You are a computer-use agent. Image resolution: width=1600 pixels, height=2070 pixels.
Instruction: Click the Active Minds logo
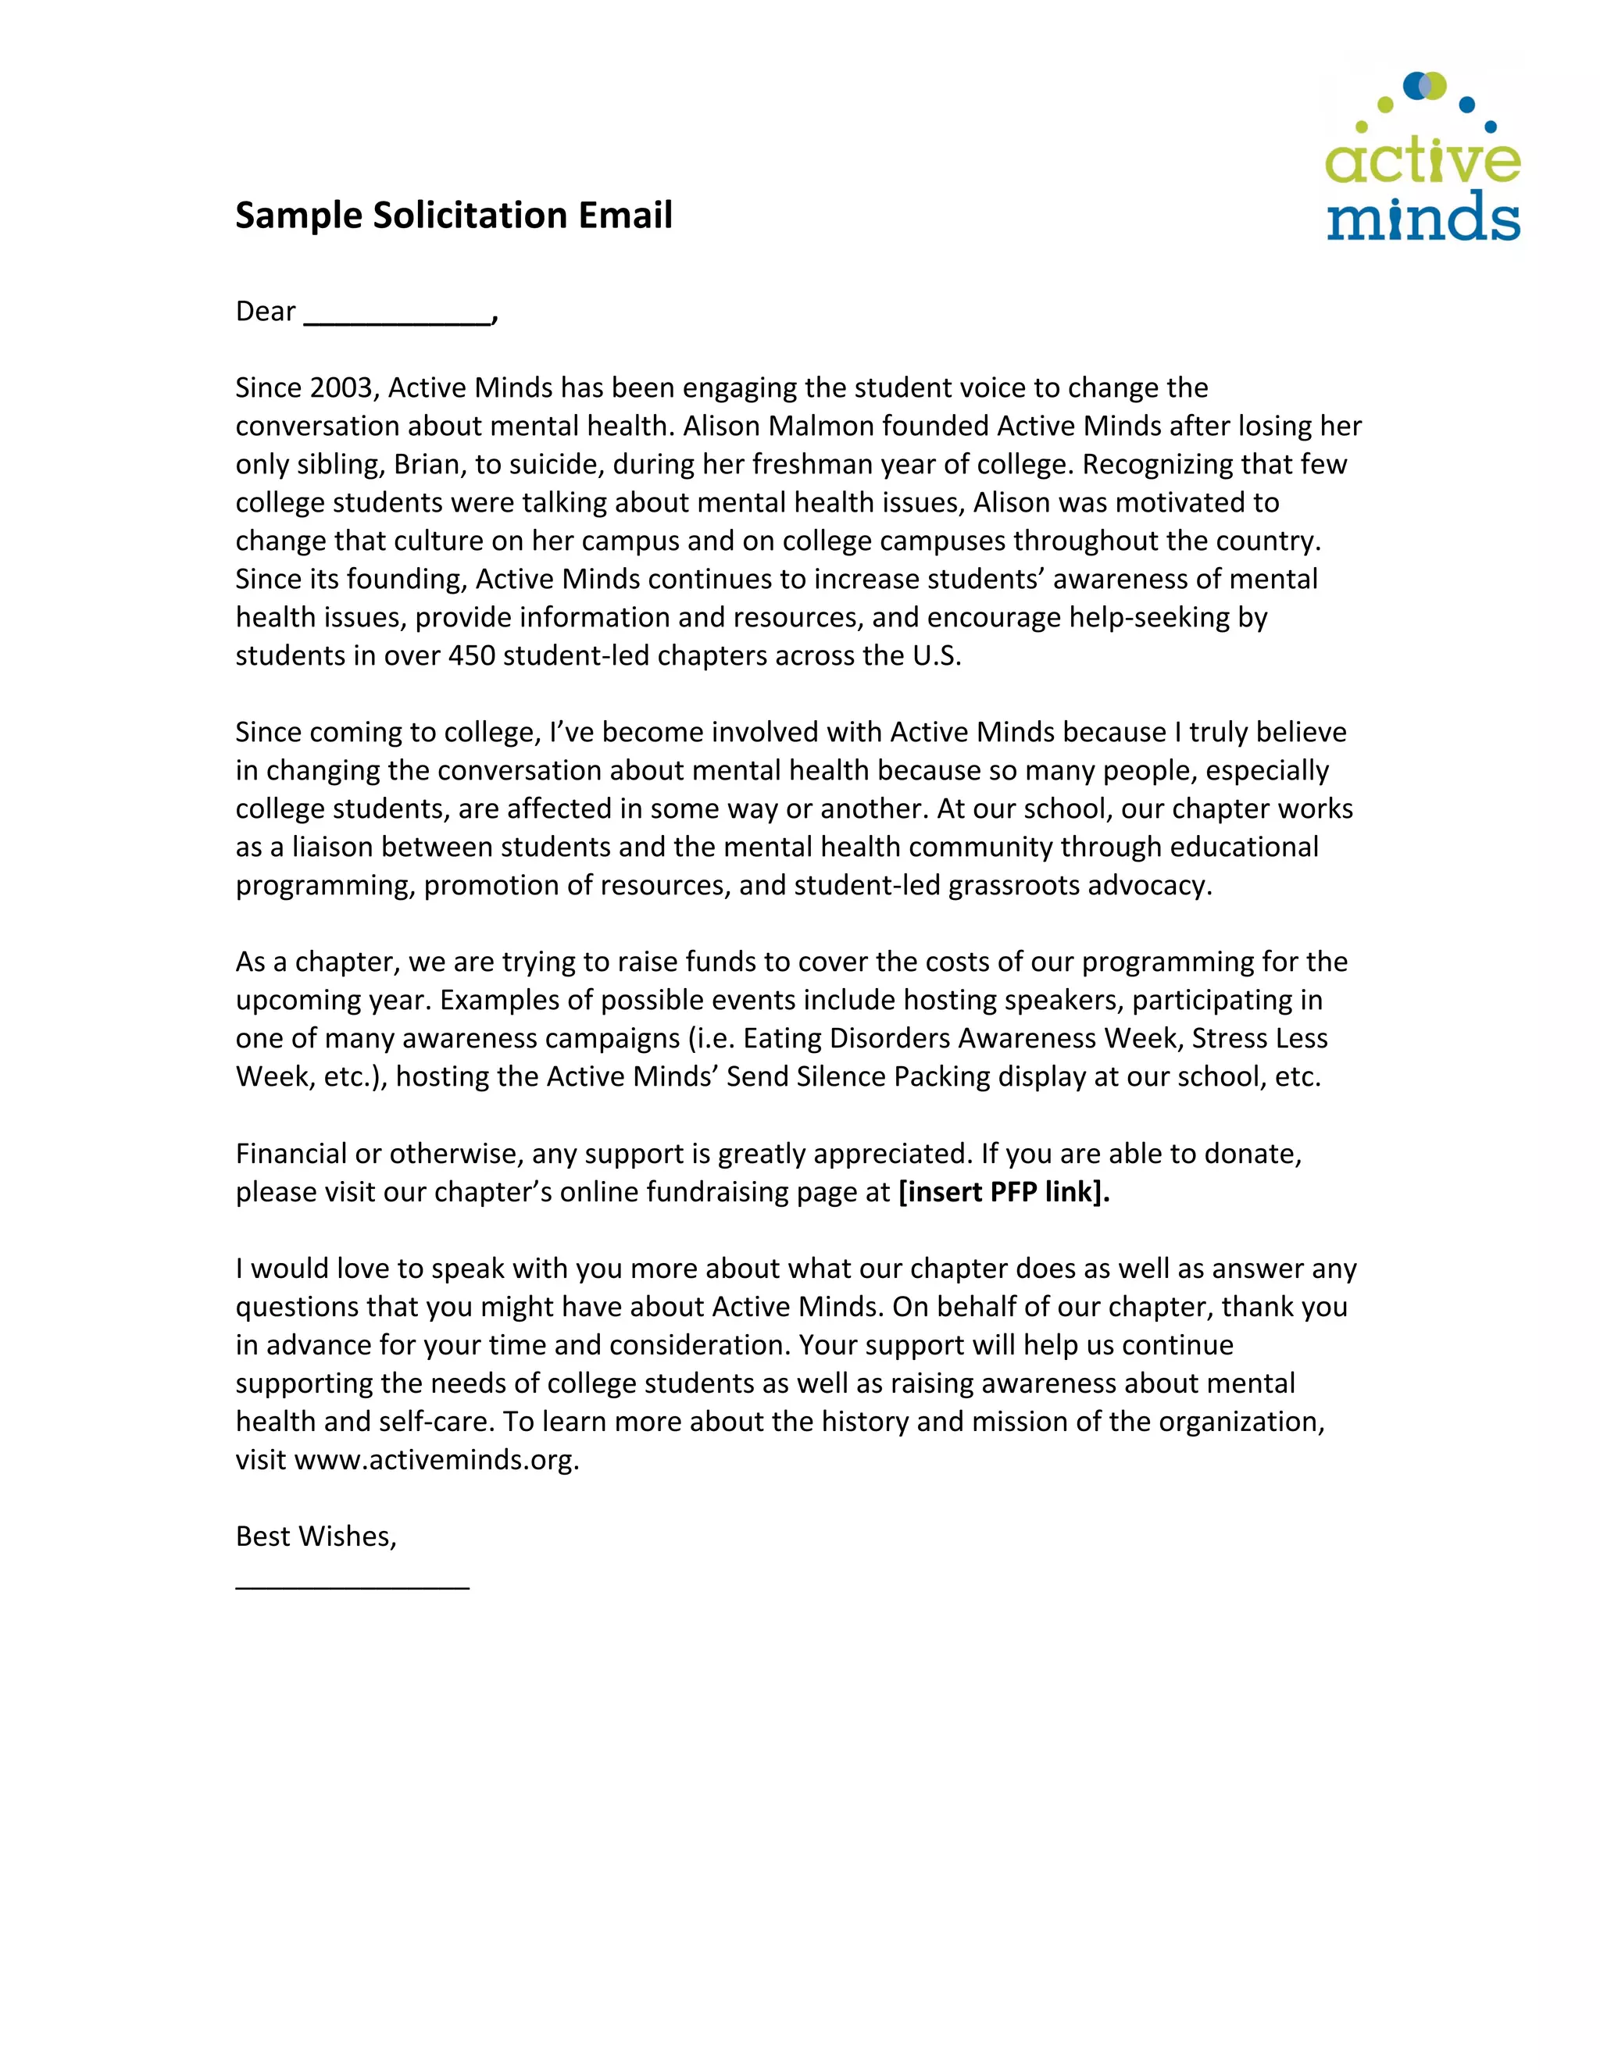click(x=1422, y=161)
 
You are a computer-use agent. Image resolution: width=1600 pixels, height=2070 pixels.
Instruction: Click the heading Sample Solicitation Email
click(x=453, y=215)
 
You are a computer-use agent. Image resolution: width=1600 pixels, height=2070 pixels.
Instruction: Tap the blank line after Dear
click(x=398, y=316)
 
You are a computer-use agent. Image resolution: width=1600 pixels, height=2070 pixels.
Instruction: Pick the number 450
click(x=471, y=656)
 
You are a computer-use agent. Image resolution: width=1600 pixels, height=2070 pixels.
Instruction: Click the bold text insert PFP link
click(x=1003, y=1191)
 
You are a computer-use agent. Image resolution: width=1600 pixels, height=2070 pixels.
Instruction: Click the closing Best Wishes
click(x=316, y=1536)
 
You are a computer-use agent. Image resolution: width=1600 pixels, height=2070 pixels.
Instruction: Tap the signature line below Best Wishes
click(x=352, y=1583)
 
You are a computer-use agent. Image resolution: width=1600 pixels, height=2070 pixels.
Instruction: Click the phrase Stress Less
click(x=1259, y=1039)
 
